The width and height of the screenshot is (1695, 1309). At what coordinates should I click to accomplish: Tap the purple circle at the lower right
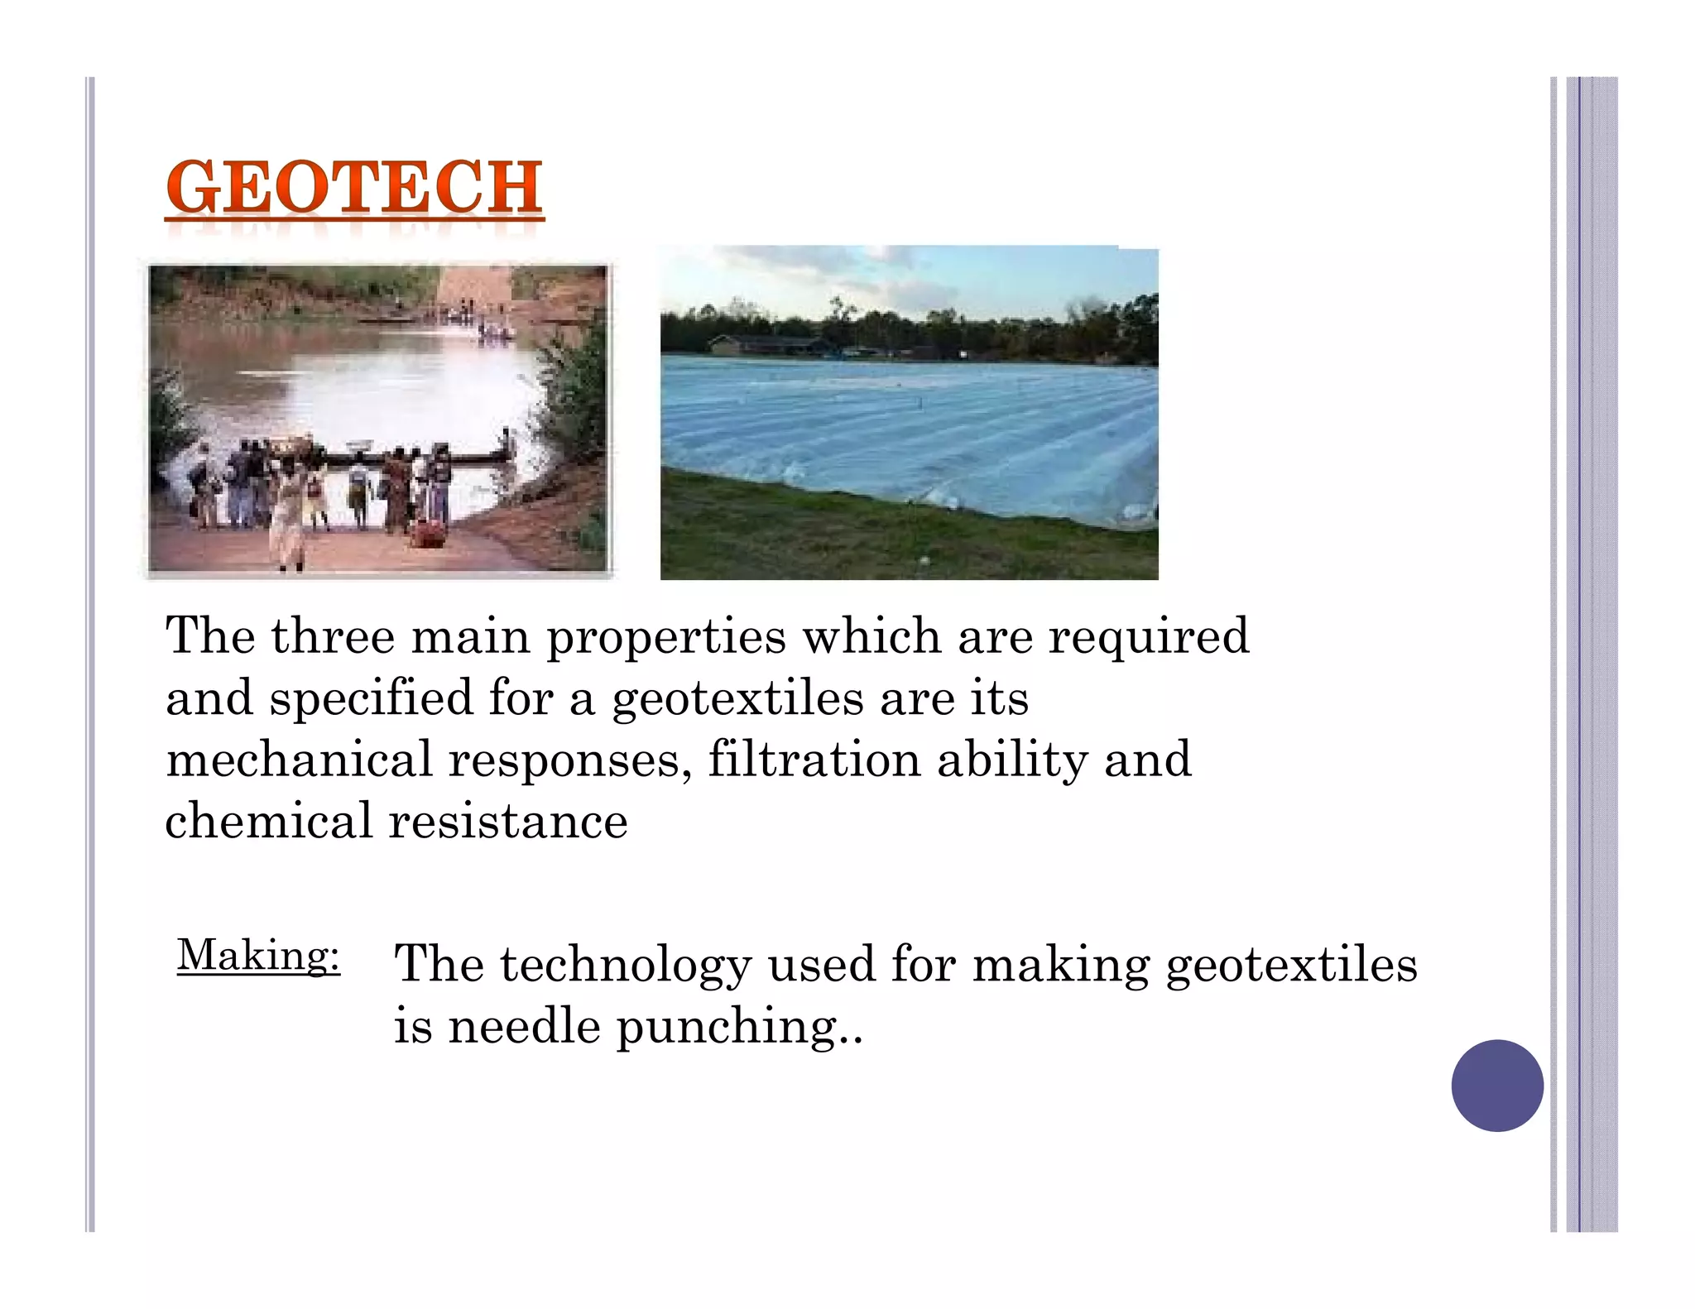tap(1496, 1085)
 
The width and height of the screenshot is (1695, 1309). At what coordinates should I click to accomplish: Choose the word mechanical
tap(299, 760)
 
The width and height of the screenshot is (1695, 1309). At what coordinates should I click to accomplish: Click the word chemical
tap(269, 821)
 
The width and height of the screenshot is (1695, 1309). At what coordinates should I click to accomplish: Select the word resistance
tap(508, 821)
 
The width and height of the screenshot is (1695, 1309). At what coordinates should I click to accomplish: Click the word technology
tap(626, 966)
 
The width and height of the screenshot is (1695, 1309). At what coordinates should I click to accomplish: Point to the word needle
tap(524, 1027)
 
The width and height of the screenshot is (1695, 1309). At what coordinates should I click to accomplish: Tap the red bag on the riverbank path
tap(428, 533)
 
